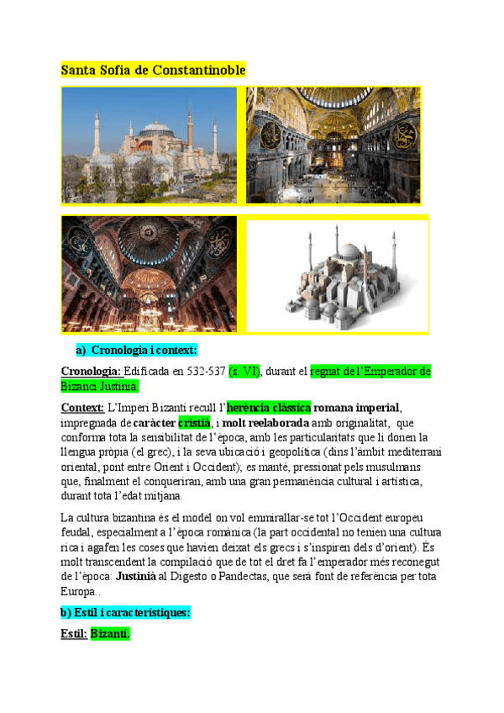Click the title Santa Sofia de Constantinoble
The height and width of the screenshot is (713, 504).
point(153,71)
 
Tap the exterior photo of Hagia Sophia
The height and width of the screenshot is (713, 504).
point(150,144)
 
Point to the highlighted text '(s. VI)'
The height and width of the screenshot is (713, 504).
point(244,371)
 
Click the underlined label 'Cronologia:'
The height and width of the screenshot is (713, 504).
point(91,371)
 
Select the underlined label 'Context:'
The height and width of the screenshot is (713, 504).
point(82,408)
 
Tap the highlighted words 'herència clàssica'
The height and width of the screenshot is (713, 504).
point(269,408)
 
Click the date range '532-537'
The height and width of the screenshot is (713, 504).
point(205,371)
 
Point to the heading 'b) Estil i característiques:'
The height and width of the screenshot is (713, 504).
point(126,612)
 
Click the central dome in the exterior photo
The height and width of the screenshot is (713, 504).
point(156,129)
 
